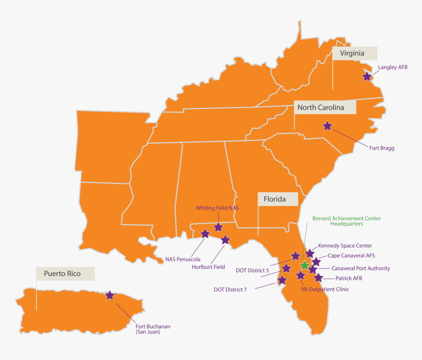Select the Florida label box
click(x=278, y=199)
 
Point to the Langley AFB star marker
click(x=367, y=76)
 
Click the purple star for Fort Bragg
click(x=327, y=126)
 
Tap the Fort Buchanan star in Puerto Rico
click(x=110, y=295)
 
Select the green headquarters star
click(x=305, y=265)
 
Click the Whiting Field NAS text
click(x=217, y=208)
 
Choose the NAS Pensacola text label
click(x=183, y=259)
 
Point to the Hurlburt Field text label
click(x=208, y=267)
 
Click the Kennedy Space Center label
click(x=345, y=246)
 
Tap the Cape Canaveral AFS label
click(x=351, y=256)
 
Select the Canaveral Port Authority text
click(x=361, y=268)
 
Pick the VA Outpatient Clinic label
click(x=325, y=289)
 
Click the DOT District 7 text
click(x=230, y=289)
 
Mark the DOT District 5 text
click(x=252, y=270)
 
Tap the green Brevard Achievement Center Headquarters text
click(x=346, y=221)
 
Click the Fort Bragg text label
click(x=382, y=148)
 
